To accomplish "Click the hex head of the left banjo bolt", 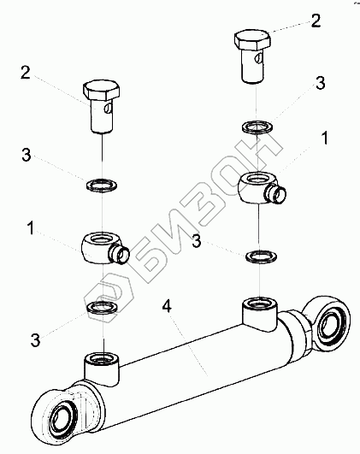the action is (102, 90).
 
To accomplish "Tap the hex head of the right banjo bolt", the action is (252, 41).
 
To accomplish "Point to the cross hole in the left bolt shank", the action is (108, 109).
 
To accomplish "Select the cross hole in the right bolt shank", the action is (259, 58).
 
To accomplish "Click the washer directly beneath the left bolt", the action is (102, 185).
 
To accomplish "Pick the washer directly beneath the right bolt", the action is (257, 127).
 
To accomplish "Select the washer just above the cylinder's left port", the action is (102, 307).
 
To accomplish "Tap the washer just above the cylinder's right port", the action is (261, 256).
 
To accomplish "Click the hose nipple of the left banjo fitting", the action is (119, 254).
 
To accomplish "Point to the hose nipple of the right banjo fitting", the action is (275, 194).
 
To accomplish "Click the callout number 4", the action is (167, 307).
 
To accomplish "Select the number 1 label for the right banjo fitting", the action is (325, 138).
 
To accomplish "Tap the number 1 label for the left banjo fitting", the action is (31, 228).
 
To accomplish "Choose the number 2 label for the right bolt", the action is (316, 21).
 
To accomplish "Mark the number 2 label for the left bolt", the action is (26, 73).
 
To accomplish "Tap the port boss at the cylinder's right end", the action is (260, 315).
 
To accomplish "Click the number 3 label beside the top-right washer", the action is (320, 83).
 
